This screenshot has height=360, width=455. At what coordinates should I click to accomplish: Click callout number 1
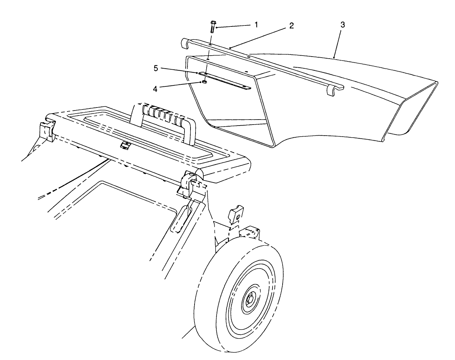(x=256, y=24)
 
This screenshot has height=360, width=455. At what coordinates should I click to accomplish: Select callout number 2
(x=292, y=26)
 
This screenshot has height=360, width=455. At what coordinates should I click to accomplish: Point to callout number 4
(x=155, y=89)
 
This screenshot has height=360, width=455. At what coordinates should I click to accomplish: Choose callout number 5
(x=156, y=68)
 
